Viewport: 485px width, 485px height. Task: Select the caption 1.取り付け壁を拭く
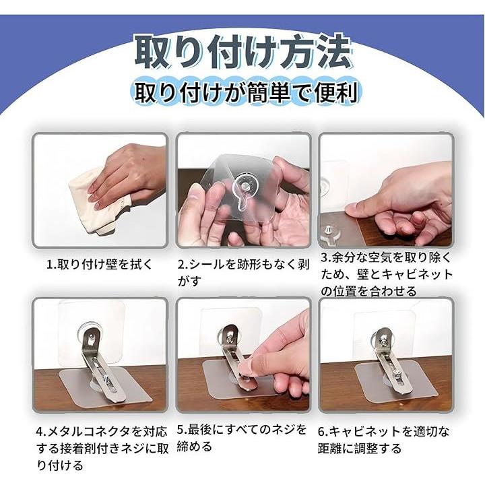coord(100,265)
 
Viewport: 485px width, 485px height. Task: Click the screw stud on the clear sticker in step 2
coord(245,186)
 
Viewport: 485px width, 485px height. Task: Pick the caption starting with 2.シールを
coord(243,273)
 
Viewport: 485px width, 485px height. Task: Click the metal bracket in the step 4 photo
coord(100,365)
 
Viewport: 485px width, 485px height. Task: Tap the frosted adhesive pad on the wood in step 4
coord(104,387)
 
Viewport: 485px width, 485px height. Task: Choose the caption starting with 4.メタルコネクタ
coord(102,448)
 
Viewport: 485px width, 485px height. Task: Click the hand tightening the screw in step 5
coord(276,356)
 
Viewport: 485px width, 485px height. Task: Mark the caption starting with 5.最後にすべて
coord(242,438)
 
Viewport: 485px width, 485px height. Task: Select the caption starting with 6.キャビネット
coord(383,439)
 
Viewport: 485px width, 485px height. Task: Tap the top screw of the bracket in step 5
coord(230,339)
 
